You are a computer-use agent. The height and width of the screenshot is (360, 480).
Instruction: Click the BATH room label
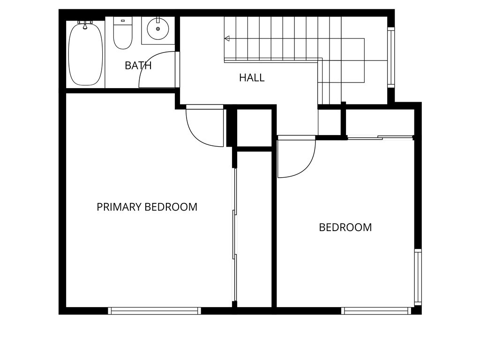138,66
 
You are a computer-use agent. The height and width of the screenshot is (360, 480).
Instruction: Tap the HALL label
252,78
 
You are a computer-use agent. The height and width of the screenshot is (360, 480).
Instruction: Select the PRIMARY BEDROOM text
147,207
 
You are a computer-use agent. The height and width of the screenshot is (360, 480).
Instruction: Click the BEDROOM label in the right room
345,227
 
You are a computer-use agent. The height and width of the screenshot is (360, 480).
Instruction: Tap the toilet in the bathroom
123,36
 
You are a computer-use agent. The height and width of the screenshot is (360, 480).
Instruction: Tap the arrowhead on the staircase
227,38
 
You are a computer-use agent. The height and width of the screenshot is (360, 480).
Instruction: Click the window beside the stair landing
391,57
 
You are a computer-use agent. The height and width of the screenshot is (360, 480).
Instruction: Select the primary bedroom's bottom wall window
154,310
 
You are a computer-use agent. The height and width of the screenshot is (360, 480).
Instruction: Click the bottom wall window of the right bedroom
376,310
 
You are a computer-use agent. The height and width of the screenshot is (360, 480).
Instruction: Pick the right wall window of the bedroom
418,277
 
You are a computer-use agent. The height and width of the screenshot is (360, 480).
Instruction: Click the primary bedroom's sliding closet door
235,234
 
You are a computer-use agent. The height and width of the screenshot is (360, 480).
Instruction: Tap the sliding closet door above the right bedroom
380,137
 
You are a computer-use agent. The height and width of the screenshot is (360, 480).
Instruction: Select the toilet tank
123,21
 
